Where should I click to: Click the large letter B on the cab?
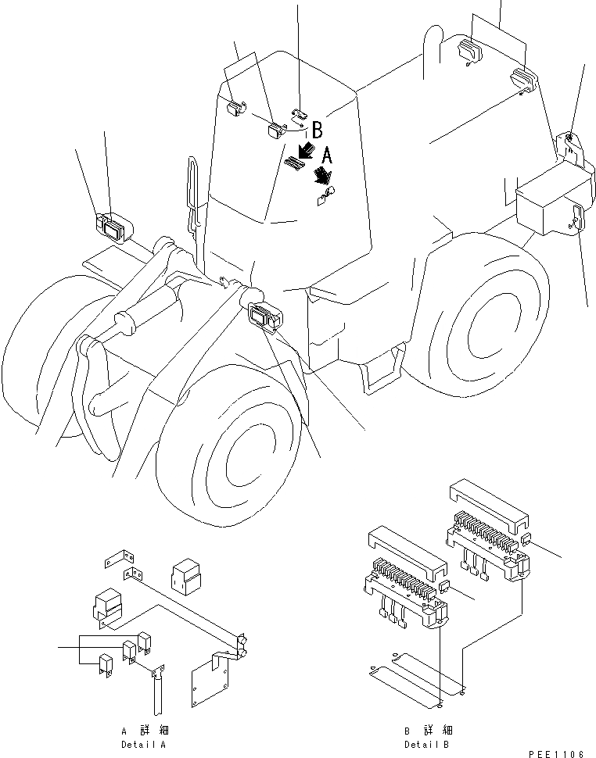317,129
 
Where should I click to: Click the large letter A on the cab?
327,156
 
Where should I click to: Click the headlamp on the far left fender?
112,228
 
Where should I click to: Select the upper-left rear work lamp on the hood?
471,51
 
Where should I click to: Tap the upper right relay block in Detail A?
187,577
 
